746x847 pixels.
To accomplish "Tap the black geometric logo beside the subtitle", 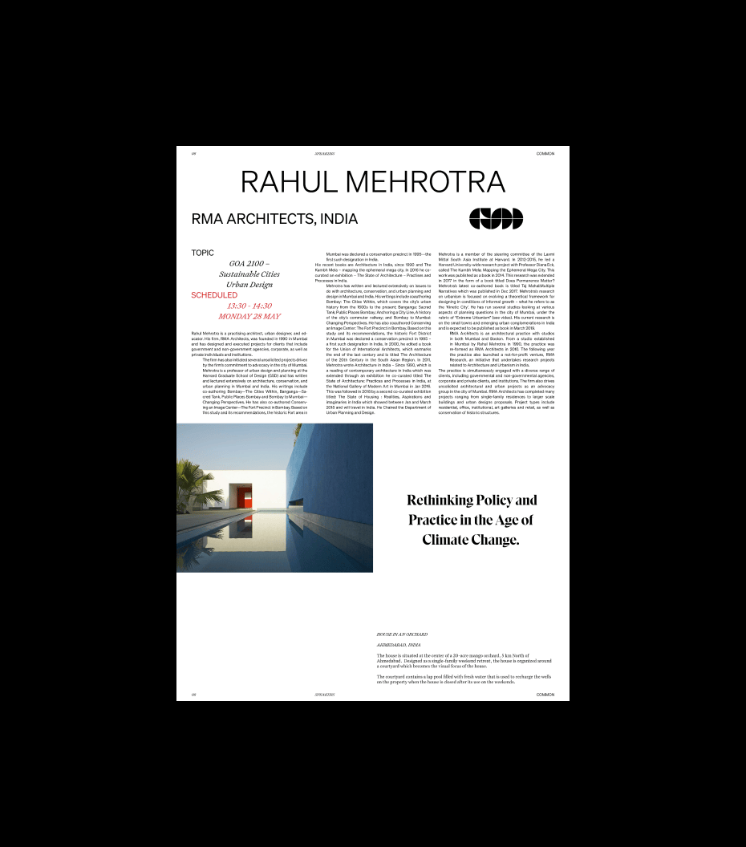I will click(496, 218).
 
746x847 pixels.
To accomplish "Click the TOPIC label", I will click(202, 253).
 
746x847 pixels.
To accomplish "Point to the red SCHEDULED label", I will click(214, 295).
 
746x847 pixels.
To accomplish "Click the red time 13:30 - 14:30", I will click(249, 306).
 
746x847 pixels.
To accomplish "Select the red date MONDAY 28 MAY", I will click(249, 316).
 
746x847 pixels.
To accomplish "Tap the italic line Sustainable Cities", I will click(249, 274).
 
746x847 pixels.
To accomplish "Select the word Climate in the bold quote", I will click(449, 540).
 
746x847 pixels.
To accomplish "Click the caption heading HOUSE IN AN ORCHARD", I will click(402, 634).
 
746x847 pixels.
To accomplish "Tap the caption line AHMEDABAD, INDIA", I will click(399, 645).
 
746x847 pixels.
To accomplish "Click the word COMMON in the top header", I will click(545, 153).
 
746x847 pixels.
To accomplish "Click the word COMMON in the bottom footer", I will click(545, 695).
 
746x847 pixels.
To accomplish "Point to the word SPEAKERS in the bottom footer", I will click(326, 695).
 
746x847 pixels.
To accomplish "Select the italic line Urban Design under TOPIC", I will click(249, 284).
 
